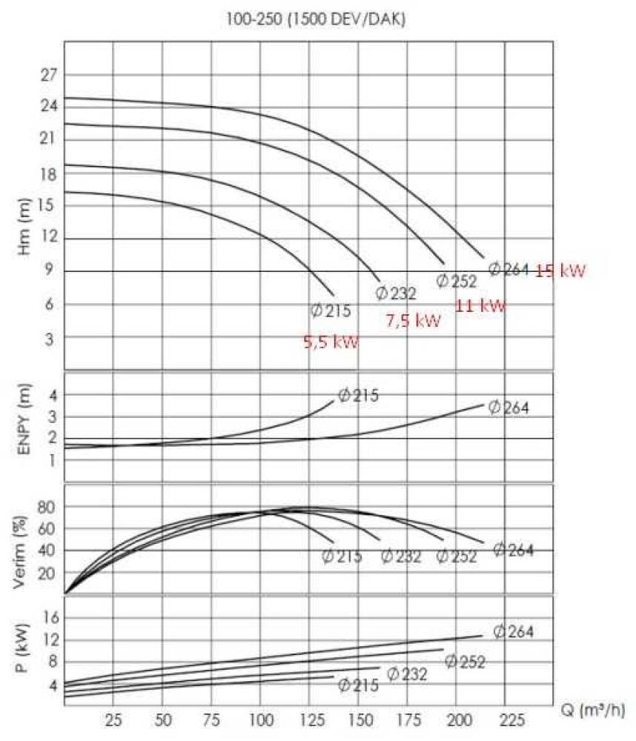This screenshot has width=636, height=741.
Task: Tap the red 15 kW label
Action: coord(560,270)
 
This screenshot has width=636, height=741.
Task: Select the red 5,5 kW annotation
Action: coord(331,342)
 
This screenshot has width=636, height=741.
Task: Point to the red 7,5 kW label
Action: coord(414,321)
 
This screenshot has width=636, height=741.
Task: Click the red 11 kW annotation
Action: coord(480,305)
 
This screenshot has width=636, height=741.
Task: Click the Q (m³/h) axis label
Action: coord(592,712)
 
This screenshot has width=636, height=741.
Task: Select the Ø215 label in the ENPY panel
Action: coord(359,395)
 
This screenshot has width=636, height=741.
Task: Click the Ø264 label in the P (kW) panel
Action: coord(513,632)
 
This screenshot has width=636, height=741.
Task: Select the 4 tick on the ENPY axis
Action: coord(52,395)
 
